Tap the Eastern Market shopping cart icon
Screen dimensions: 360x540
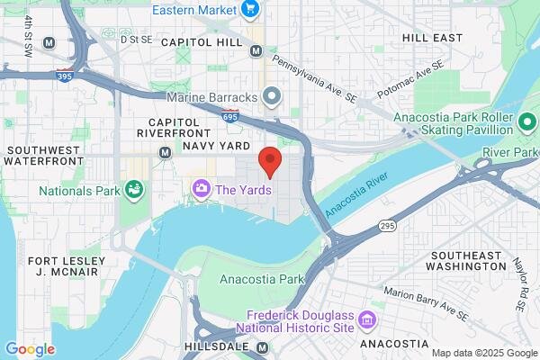tap(249, 10)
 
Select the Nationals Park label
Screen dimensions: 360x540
tap(79, 191)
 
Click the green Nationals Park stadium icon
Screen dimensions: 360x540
tap(134, 189)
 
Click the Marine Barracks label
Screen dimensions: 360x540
tap(213, 96)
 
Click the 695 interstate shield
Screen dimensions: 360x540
tap(230, 115)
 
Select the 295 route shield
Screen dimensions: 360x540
tap(387, 225)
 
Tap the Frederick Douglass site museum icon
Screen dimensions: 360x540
tap(366, 319)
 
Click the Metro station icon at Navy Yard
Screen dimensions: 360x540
tap(165, 152)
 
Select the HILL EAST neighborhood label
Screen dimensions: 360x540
tap(433, 38)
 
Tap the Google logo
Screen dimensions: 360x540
tap(30, 348)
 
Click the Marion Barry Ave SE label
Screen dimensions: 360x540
tap(425, 303)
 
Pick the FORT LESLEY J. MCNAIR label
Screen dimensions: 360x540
tap(67, 266)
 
